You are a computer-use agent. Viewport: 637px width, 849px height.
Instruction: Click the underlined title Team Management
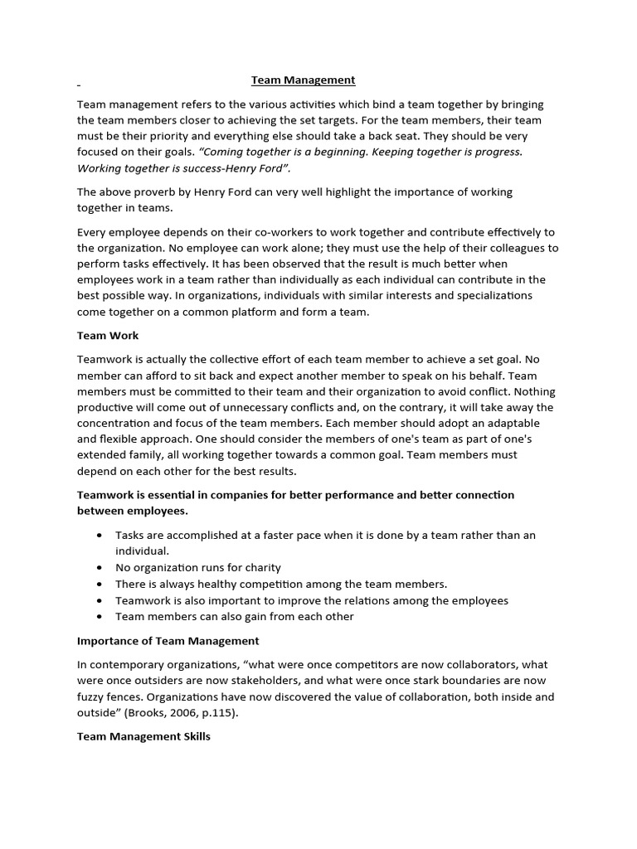[x=304, y=80]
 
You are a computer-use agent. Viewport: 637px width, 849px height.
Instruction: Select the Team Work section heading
[x=108, y=336]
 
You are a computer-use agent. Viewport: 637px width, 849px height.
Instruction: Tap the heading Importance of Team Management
[x=168, y=641]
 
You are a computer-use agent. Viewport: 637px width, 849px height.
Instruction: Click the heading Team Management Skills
[x=143, y=736]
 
